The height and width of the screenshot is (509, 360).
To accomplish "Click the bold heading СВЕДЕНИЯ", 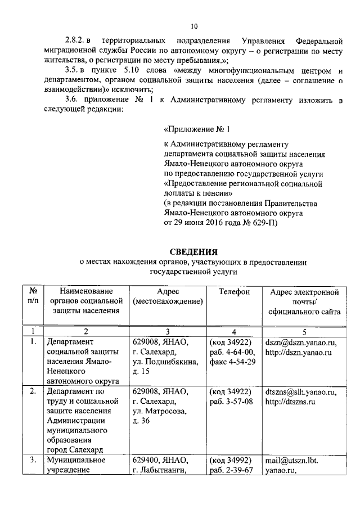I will pos(193,251).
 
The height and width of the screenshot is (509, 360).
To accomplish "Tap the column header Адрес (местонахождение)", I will pos(168,296).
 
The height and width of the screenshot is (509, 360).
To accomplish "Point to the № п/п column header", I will pos(33,296).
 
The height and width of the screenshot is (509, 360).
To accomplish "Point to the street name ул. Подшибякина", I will pos(165,362).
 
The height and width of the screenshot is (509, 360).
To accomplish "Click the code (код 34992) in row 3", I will pos(230,461).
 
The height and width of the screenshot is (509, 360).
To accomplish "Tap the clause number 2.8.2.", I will pos(74,42).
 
